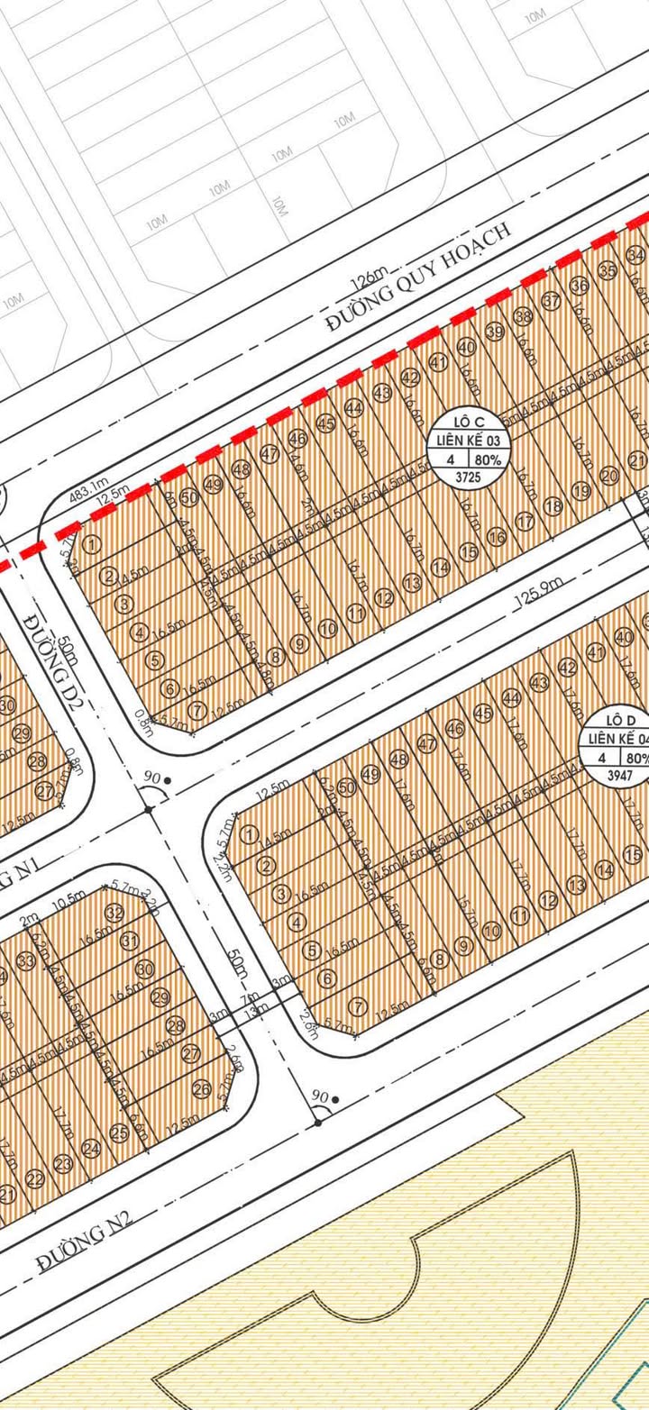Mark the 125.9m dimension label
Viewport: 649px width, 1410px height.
coord(534,590)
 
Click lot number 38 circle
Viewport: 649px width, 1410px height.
coord(523,316)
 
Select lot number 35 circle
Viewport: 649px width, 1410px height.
coord(607,270)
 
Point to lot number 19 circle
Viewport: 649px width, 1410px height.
coord(580,491)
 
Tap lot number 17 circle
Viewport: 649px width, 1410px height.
coord(524,522)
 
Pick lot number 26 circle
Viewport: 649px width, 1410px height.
coord(201,1089)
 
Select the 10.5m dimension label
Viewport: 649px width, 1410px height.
coord(63,902)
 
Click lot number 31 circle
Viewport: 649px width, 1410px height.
coord(130,942)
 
